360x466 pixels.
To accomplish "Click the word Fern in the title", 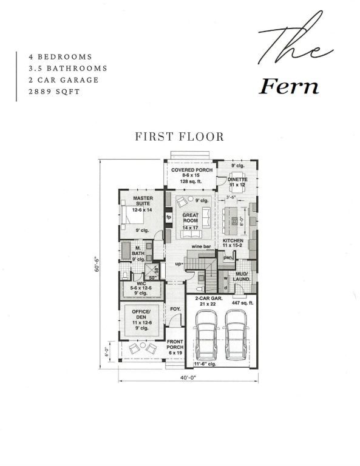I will tap(288, 87).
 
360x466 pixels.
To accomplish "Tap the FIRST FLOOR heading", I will tap(180, 137).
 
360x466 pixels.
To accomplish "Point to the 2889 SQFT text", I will tap(53, 92).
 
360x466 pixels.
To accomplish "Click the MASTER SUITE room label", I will tap(143, 201).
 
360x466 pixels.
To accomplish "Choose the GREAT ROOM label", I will tap(191, 218).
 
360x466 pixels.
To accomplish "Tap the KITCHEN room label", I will tap(233, 241).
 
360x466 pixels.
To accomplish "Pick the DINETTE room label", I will tap(237, 180).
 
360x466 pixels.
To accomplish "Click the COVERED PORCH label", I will tap(191, 171).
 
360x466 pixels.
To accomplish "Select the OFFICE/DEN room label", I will tap(142, 316).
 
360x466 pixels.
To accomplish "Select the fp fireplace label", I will tap(169, 216).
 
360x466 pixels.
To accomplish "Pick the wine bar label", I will tap(202, 247).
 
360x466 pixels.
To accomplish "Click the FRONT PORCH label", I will tap(175, 348).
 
